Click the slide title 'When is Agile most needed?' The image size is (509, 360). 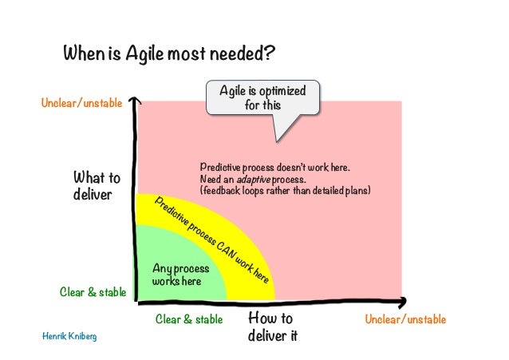coord(170,54)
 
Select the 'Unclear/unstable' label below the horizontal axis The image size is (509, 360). coord(405,319)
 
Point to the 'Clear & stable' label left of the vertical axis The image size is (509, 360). coord(93,292)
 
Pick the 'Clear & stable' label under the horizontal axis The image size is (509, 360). coord(189,319)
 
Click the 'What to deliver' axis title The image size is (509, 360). coord(97,186)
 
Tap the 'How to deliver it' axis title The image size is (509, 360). coord(272,326)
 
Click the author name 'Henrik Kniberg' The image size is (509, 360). coord(69,336)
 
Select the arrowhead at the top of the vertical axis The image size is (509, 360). coord(136,102)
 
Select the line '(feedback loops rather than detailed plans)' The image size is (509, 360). coord(286,192)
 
